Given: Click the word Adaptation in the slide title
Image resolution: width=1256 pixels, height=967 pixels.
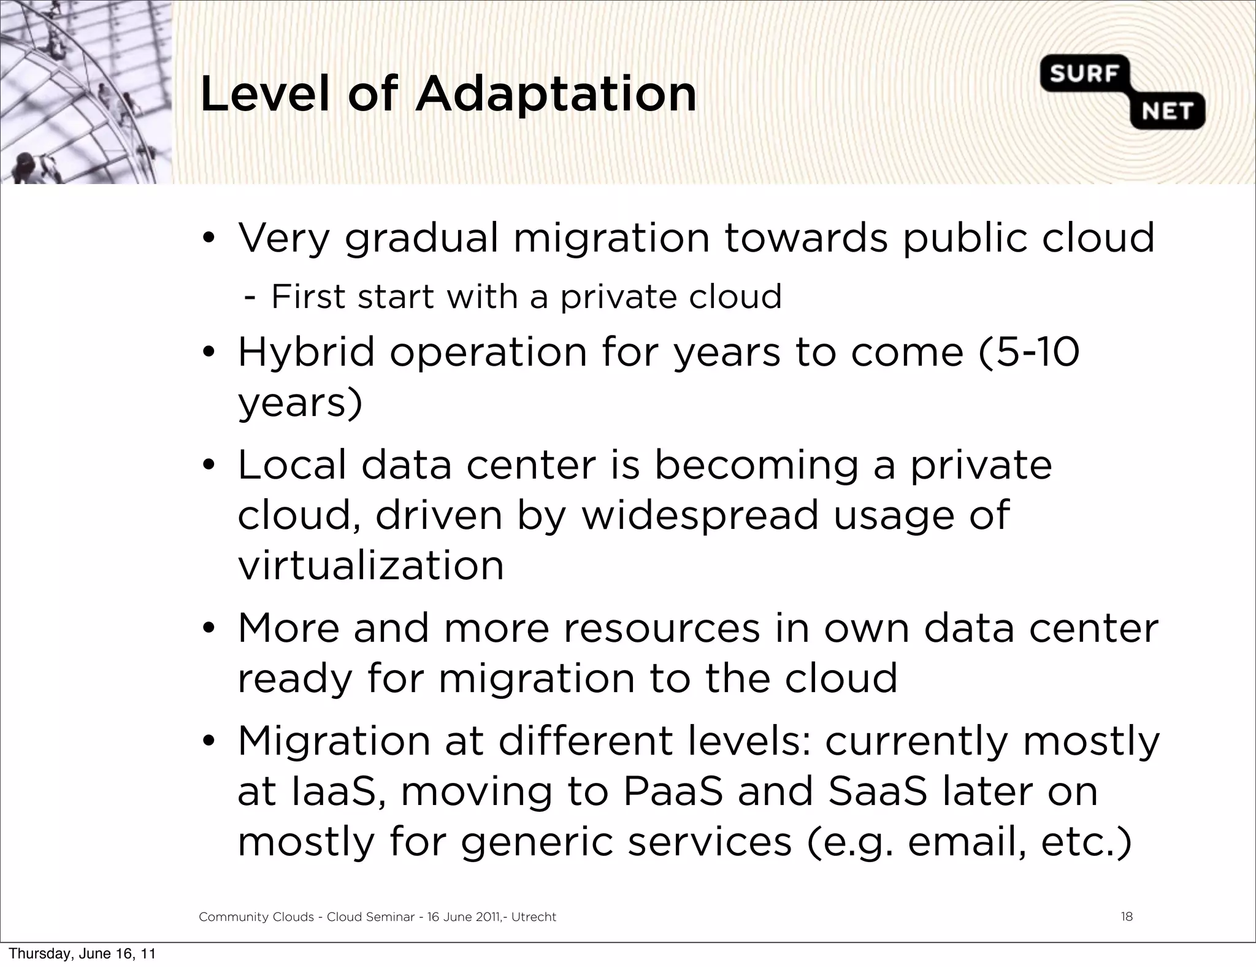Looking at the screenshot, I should point(556,94).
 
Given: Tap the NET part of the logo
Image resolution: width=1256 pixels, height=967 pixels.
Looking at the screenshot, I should point(1166,112).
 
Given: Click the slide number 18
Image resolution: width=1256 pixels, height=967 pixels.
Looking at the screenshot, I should point(1127,917).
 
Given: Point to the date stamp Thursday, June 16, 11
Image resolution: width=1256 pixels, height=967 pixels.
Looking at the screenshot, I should point(82,954).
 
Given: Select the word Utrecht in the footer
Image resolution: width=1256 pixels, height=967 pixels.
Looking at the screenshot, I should point(534,917).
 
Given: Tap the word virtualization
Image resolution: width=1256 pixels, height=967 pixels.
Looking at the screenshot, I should point(370,565).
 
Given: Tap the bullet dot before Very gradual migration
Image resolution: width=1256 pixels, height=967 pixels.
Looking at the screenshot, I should point(209,239).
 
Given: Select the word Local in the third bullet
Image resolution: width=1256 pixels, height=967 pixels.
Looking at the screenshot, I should point(292,464).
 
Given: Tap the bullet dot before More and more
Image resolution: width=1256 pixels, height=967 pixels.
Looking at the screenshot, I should point(209,629).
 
